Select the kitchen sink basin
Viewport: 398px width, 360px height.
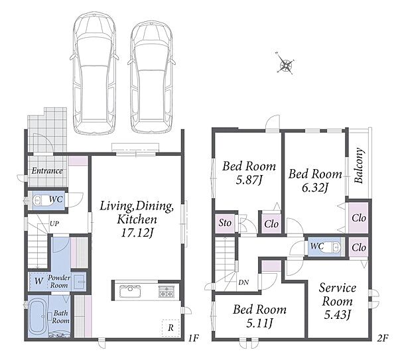pyautogui.click(x=130, y=291)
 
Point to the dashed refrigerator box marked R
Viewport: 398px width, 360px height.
pyautogui.click(x=170, y=328)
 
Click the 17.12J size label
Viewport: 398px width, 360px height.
pyautogui.click(x=137, y=233)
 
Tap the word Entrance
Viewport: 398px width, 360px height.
pyautogui.click(x=47, y=171)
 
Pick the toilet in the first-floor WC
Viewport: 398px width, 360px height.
pyautogui.click(x=41, y=200)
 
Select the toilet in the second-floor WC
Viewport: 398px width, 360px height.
pyautogui.click(x=331, y=247)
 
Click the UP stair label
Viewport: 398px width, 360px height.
pyautogui.click(x=54, y=223)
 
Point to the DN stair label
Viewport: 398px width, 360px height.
pyautogui.click(x=243, y=282)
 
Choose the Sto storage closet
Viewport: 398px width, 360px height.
pyautogui.click(x=225, y=223)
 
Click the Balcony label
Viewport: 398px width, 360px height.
pyautogui.click(x=359, y=165)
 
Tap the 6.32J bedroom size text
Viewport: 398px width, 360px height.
pyautogui.click(x=315, y=188)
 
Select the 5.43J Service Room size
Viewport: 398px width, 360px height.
pyautogui.click(x=338, y=315)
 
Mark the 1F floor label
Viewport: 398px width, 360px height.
pyautogui.click(x=193, y=338)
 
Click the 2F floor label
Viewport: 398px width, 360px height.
pyautogui.click(x=383, y=338)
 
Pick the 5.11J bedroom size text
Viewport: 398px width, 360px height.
pyautogui.click(x=259, y=324)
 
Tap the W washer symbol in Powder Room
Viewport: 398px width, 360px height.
pyautogui.click(x=39, y=281)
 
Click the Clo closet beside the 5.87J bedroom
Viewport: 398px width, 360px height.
pyautogui.click(x=271, y=224)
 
